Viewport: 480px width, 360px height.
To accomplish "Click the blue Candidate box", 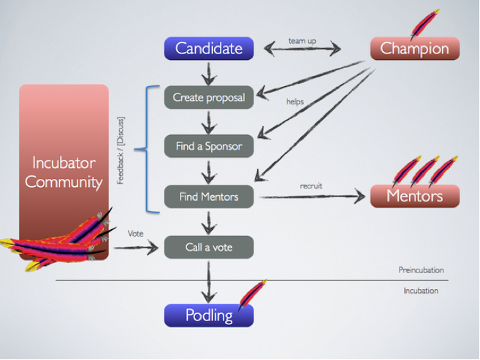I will [209, 49].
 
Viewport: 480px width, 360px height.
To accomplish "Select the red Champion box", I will [414, 49].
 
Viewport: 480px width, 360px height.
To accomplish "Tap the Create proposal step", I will [209, 97].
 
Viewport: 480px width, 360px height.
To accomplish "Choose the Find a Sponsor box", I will [209, 146].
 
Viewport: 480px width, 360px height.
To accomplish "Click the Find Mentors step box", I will [209, 196].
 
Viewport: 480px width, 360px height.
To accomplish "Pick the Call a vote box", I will [209, 247].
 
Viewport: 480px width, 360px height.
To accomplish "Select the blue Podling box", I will [209, 315].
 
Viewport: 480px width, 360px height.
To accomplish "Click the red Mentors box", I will [414, 196].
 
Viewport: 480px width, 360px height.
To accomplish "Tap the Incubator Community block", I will [64, 172].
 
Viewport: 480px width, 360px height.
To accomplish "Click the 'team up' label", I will [302, 41].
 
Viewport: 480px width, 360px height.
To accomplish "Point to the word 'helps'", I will [294, 102].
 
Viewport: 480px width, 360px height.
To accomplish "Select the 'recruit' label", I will [311, 186].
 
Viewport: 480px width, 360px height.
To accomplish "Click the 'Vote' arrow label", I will [135, 234].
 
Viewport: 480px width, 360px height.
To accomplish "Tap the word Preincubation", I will [421, 270].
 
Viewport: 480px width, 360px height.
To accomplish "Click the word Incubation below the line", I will [421, 291].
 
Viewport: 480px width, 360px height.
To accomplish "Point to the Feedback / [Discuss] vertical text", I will [121, 150].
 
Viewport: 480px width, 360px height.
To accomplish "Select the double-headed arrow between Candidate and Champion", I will [302, 50].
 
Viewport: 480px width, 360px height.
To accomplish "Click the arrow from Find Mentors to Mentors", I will [311, 196].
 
